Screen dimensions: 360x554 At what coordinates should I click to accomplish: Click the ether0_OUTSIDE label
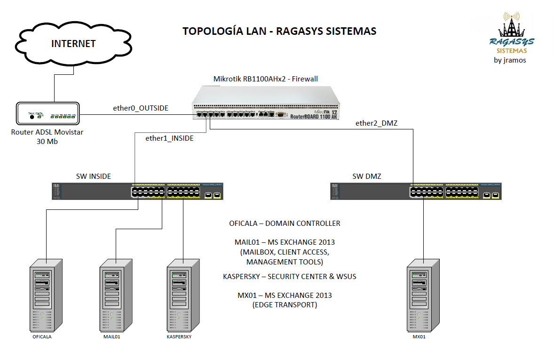pyautogui.click(x=140, y=108)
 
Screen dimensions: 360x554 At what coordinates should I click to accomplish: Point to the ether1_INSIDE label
pyautogui.click(x=169, y=138)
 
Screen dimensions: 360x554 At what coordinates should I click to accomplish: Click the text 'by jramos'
pyautogui.click(x=510, y=60)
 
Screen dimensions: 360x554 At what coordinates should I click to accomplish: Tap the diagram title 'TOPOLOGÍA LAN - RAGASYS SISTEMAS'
pyautogui.click(x=279, y=32)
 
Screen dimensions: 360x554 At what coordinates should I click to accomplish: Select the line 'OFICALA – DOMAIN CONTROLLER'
pyautogui.click(x=285, y=223)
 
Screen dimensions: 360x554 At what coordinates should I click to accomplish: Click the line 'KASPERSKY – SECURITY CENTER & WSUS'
pyautogui.click(x=289, y=276)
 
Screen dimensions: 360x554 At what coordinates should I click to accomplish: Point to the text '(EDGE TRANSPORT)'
pyautogui.click(x=285, y=305)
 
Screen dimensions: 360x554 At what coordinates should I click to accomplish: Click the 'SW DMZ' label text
pyautogui.click(x=367, y=176)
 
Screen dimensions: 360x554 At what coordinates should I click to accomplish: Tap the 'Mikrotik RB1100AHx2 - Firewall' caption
pyautogui.click(x=266, y=79)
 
